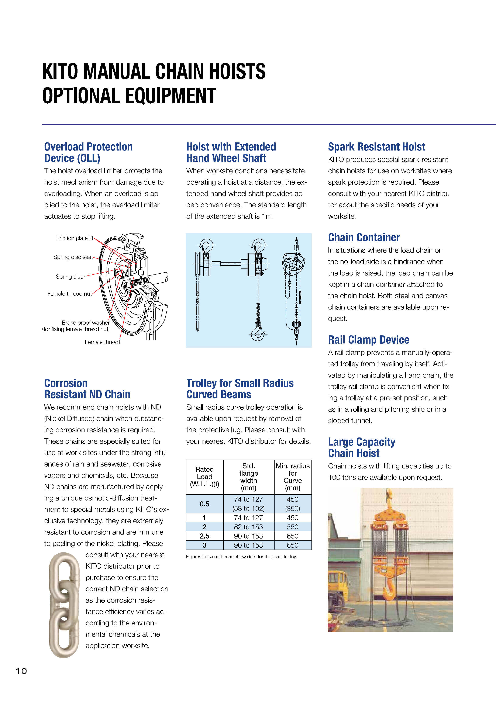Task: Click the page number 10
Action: [x=21, y=671]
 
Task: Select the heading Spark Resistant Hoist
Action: [x=376, y=147]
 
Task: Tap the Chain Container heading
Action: [x=364, y=238]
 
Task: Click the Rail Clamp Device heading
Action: [x=368, y=340]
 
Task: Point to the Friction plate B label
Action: [x=74, y=238]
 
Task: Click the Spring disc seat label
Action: [x=73, y=257]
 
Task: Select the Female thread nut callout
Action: [x=69, y=294]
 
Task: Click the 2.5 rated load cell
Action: [x=204, y=536]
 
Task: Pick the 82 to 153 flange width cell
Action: [x=248, y=527]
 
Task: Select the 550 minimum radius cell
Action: [x=292, y=527]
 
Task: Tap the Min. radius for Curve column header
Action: [x=292, y=477]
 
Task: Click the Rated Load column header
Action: [x=204, y=477]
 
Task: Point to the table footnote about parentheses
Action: [x=241, y=557]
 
